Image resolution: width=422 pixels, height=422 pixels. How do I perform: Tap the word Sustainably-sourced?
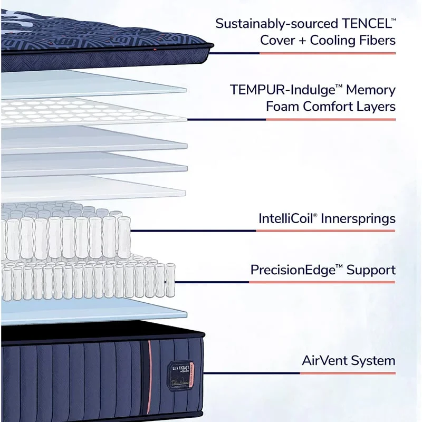275,24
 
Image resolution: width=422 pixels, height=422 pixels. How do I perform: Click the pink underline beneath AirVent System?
348,373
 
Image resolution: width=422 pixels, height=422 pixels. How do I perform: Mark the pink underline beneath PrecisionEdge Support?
322,282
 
